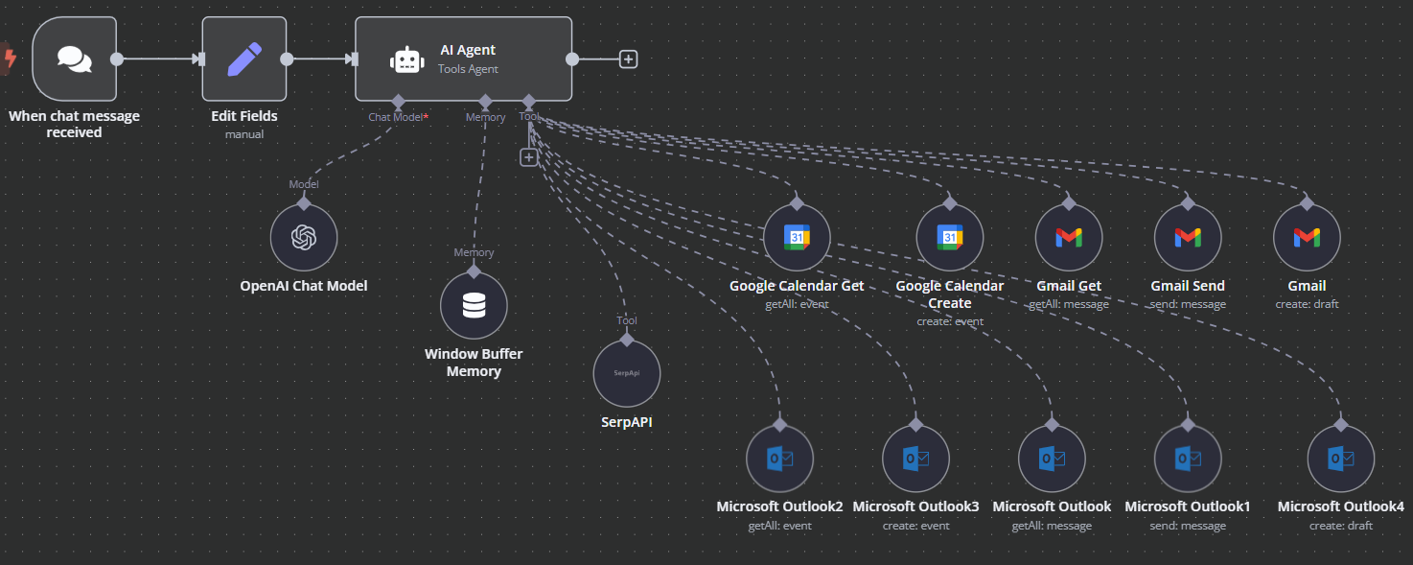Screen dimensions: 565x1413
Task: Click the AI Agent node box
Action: (x=464, y=59)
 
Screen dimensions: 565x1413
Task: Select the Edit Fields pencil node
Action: (x=244, y=59)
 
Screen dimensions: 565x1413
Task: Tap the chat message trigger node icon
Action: (x=75, y=59)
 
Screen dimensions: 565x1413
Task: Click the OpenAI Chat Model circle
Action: (x=304, y=237)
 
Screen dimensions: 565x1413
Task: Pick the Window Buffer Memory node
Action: (x=474, y=305)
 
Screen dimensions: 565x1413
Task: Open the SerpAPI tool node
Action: (x=627, y=373)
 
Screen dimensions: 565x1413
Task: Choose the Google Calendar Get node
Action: (x=797, y=237)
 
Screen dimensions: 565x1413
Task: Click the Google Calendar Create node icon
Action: (x=950, y=237)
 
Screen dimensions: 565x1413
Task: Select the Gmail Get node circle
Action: (x=1069, y=237)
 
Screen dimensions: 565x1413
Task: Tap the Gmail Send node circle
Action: (x=1188, y=237)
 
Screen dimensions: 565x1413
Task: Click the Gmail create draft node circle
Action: (x=1307, y=237)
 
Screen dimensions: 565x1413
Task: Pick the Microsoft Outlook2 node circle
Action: (x=779, y=459)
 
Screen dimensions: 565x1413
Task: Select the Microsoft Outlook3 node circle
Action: (x=915, y=459)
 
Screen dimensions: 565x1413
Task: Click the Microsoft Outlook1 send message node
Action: (x=1188, y=459)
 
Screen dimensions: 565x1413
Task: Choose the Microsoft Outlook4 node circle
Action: (x=1340, y=459)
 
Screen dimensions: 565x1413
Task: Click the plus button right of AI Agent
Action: (x=628, y=59)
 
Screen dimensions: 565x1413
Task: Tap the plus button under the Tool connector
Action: (x=528, y=157)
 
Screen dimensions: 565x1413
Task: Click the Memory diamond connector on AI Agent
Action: (x=485, y=101)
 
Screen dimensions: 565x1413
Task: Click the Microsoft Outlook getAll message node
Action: (x=1052, y=459)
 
